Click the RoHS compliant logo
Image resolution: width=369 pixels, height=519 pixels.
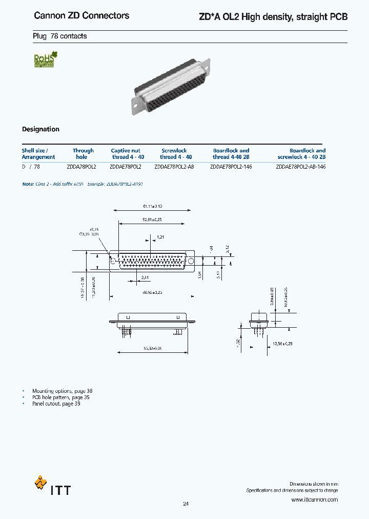point(45,60)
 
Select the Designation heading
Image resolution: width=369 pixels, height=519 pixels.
point(40,129)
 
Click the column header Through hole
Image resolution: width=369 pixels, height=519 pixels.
point(83,154)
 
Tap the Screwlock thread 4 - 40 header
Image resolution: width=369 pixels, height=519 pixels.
point(175,154)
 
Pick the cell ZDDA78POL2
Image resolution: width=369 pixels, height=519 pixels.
point(81,167)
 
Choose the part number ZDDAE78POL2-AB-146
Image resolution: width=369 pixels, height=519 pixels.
point(300,167)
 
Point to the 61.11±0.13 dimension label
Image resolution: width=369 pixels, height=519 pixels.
point(152,206)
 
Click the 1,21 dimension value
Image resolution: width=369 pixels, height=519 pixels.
point(161,237)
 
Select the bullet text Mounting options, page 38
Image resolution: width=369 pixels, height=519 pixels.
point(62,391)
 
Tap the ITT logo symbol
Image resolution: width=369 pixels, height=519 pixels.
point(40,483)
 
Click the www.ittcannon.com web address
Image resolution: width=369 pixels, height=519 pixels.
point(314,500)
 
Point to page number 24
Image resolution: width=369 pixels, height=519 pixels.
point(186,504)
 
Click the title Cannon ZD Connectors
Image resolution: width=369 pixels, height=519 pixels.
point(81,16)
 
